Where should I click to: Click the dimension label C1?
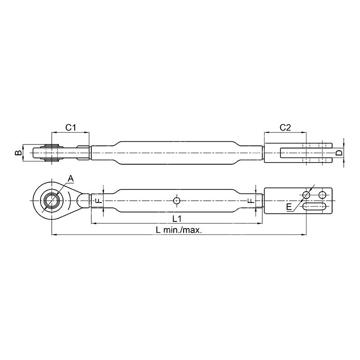coord(71,127)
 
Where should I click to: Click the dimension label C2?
coord(285,127)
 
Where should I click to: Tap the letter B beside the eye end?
coord(18,153)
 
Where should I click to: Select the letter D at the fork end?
coord(339,153)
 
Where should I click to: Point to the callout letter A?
coord(71,178)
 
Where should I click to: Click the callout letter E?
coord(289,207)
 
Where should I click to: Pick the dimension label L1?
coord(177,219)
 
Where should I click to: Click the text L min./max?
coord(179,230)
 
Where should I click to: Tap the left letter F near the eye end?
coord(99,201)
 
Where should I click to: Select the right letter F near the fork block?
coord(251,201)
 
